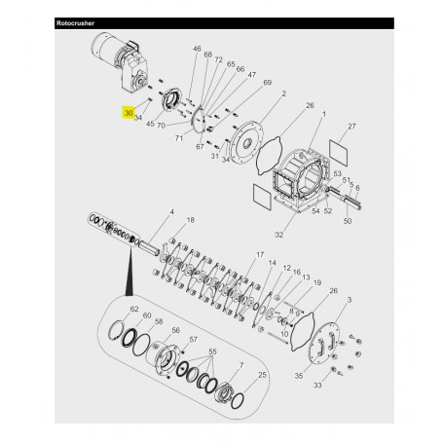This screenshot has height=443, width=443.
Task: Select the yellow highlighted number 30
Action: [x=129, y=113]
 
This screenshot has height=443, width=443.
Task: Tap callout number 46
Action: [x=197, y=49]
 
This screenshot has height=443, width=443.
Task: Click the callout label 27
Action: [x=352, y=127]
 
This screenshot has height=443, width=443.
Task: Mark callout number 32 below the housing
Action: [x=278, y=235]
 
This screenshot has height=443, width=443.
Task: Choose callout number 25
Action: [x=263, y=375]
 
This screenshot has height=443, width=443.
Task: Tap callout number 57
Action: [x=193, y=339]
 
